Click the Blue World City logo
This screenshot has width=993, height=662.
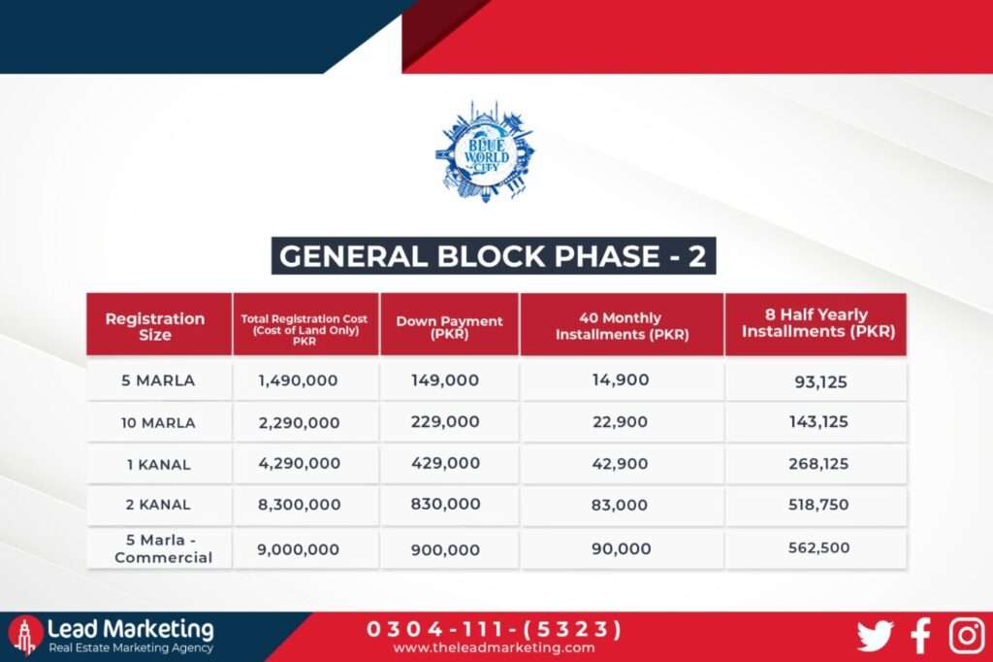(485, 152)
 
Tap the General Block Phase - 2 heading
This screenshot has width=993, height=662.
(494, 255)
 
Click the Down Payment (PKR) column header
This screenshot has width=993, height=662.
(449, 326)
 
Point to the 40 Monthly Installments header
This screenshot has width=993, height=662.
(621, 326)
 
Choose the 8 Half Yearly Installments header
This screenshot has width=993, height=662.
(816, 322)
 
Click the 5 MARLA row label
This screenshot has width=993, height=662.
(158, 381)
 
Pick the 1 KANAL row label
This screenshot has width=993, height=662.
(158, 464)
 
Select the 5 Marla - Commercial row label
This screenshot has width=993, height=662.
(158, 548)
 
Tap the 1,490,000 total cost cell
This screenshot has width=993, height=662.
(299, 381)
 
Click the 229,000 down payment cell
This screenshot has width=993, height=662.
(444, 422)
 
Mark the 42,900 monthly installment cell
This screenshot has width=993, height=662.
(621, 464)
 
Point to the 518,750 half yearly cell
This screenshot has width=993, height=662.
(818, 506)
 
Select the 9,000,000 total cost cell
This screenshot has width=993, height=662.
(299, 549)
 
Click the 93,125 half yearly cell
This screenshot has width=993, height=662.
(821, 381)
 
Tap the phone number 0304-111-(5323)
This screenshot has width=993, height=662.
(494, 629)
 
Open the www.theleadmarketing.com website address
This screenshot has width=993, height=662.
(494, 648)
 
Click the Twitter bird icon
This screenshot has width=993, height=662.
(875, 636)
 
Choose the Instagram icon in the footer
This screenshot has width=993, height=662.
(967, 636)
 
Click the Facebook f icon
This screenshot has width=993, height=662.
(921, 636)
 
